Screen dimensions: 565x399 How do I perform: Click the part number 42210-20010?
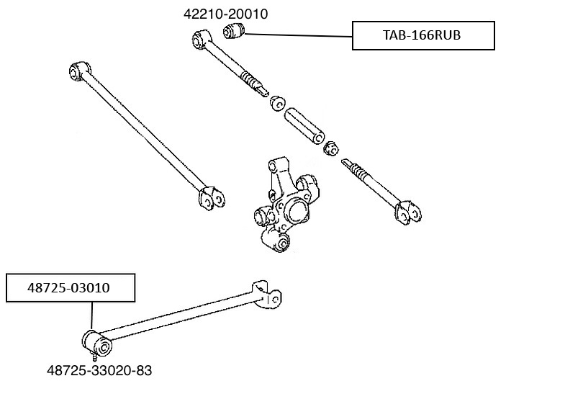coord(225,14)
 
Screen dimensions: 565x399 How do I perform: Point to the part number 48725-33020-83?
coord(99,370)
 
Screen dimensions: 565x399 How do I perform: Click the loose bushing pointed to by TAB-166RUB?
coord(233,30)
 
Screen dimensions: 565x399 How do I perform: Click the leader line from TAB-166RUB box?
coord(299,35)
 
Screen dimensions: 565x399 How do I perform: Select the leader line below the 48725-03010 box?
coord(92,315)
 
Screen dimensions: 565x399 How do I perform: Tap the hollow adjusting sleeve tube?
coord(304,125)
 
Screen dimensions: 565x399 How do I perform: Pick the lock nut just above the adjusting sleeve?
coord(277,103)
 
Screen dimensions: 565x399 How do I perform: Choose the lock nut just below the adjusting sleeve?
coord(330,148)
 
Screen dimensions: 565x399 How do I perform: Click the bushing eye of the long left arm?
coord(78,71)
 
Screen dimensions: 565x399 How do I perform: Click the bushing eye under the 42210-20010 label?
coord(201,40)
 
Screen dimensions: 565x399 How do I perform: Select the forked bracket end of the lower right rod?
coord(409,212)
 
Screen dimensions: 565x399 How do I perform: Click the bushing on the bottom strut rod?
coord(96,343)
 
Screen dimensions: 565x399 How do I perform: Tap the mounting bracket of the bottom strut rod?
coord(266,295)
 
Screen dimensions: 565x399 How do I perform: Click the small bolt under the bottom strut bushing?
coord(95,357)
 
